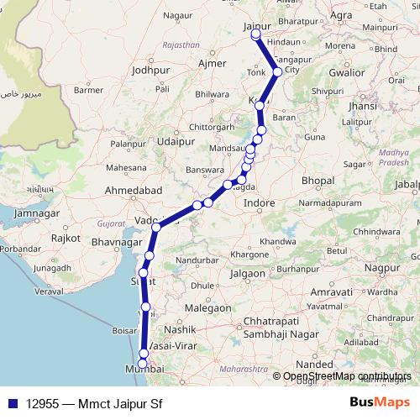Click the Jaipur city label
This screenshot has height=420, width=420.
click(256, 27)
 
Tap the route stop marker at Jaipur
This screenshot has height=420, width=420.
click(255, 35)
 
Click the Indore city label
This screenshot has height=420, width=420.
click(259, 203)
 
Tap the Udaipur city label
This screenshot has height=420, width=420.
click(175, 143)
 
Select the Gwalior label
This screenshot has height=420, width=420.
click(347, 73)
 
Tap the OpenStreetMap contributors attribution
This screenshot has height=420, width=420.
click(344, 376)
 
